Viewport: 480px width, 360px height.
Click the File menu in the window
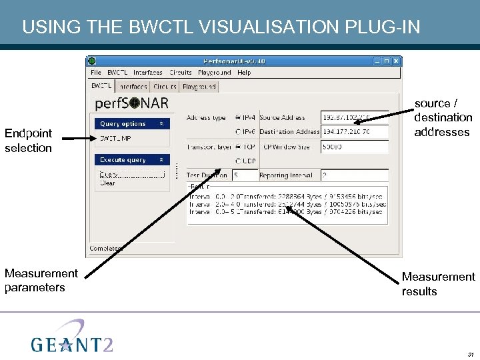96,73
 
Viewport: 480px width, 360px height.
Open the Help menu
244,73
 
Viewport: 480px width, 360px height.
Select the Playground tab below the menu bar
199,87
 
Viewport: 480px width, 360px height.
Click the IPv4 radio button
239,118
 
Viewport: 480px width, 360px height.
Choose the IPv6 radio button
239,132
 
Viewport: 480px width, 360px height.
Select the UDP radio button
239,161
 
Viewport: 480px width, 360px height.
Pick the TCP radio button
239,147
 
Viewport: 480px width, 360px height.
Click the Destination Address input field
354,132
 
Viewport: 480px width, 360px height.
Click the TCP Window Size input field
354,147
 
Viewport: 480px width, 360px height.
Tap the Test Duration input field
244,175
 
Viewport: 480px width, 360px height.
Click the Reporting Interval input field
354,175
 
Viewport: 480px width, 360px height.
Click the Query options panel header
132,124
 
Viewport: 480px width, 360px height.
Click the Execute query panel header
132,160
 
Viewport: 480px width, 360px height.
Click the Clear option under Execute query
107,183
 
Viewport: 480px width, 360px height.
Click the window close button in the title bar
396,61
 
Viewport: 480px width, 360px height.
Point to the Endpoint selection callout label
28,141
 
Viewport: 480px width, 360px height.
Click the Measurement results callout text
438,284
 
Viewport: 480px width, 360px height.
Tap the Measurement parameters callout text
41,280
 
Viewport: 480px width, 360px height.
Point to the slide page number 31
471,354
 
